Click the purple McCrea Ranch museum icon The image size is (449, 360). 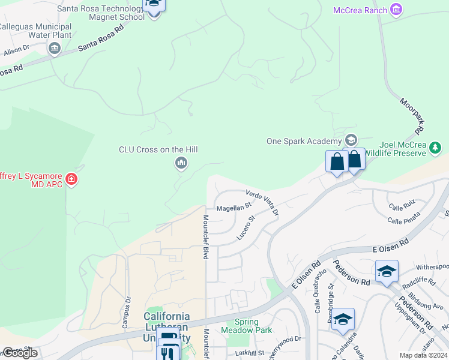pyautogui.click(x=396, y=10)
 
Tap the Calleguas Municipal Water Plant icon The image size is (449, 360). pyautogui.click(x=55, y=48)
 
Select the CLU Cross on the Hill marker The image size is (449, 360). pyautogui.click(x=181, y=163)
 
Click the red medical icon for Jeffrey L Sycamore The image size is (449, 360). pyautogui.click(x=71, y=179)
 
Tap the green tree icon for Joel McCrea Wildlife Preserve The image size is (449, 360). pyautogui.click(x=436, y=148)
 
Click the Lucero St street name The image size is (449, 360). pyautogui.click(x=246, y=228)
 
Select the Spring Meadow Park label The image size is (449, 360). pyautogui.click(x=246, y=326)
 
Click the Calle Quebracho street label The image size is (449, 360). pyautogui.click(x=321, y=291)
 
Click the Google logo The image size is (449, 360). pyautogui.click(x=20, y=353)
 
